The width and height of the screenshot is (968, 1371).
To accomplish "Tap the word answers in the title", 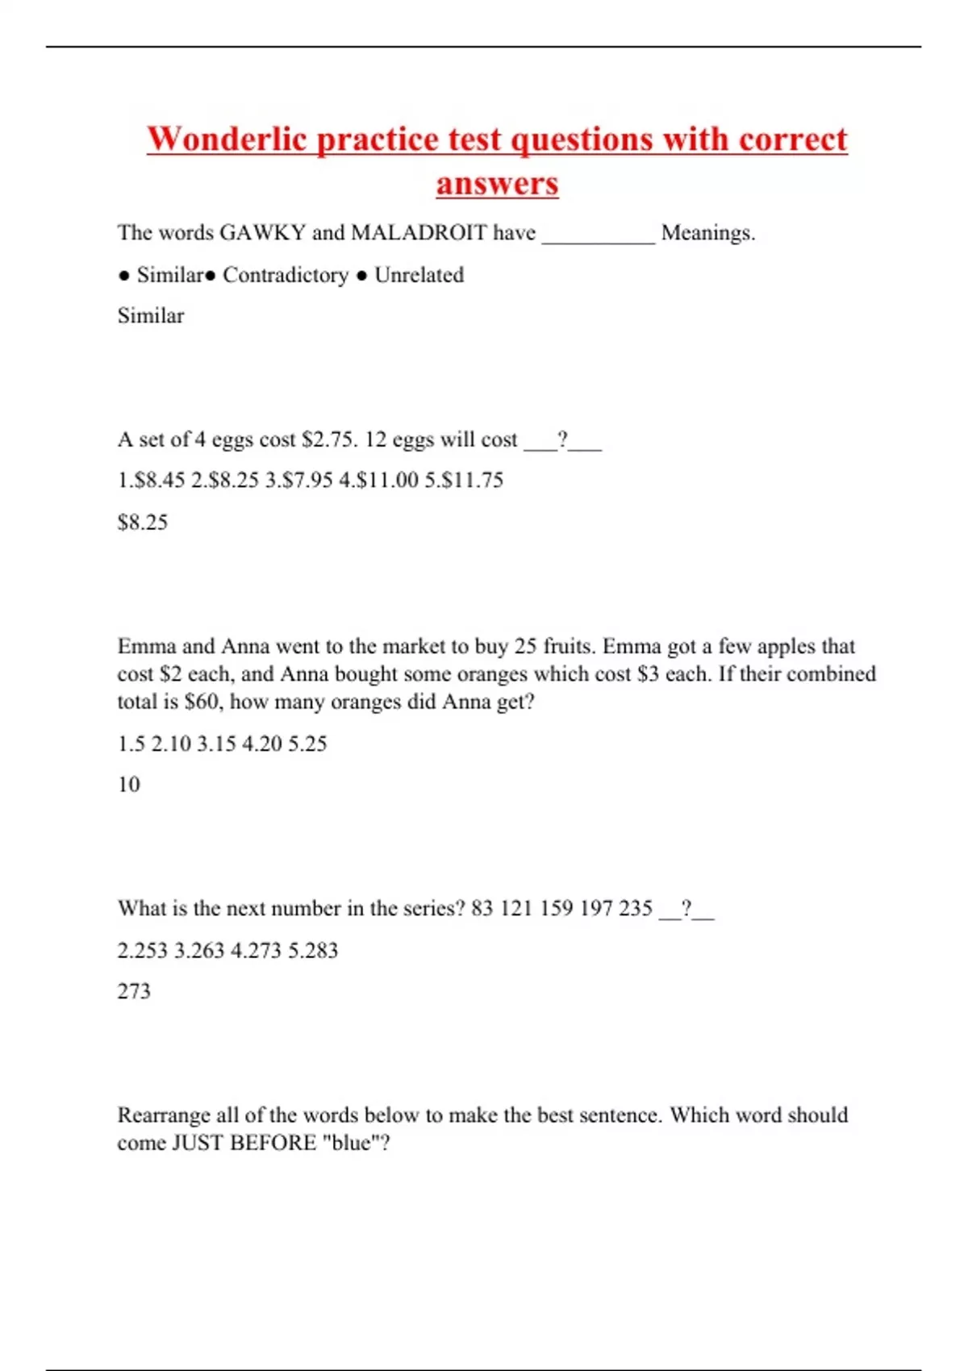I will point(497,183).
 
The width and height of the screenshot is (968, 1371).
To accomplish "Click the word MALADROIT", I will point(419,233).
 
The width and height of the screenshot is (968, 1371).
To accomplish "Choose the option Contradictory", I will point(286,275).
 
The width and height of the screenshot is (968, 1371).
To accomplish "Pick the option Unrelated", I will point(419,275).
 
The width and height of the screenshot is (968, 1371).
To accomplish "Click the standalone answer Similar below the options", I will point(151,315).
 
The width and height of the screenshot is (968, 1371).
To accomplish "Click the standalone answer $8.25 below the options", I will point(143,523).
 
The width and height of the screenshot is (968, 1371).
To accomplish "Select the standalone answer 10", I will point(129,785).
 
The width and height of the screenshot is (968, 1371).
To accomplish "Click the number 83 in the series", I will point(482,909).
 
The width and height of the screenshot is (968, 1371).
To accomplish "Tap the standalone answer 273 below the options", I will point(134,991).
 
